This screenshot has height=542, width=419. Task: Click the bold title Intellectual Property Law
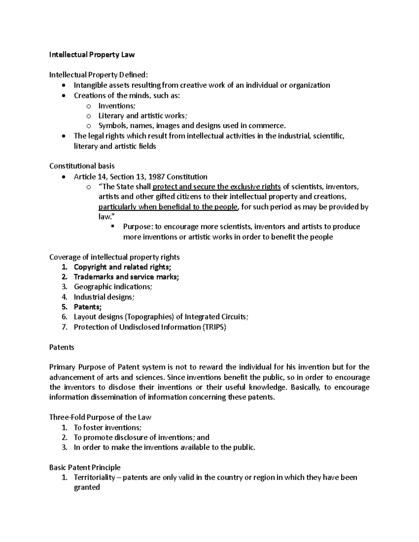click(x=91, y=55)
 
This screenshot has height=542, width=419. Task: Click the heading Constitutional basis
click(x=82, y=166)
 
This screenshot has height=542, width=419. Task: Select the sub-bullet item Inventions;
click(x=116, y=106)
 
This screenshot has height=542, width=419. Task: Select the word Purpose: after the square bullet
click(x=138, y=227)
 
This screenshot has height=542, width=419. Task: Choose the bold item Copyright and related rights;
click(x=123, y=267)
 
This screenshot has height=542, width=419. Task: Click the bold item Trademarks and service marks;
click(x=126, y=277)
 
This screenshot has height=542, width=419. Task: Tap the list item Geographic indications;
click(x=113, y=287)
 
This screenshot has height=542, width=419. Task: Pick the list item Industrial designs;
click(x=104, y=297)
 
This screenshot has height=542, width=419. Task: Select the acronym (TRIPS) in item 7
click(x=214, y=327)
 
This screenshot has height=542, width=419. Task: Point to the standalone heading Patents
click(x=61, y=348)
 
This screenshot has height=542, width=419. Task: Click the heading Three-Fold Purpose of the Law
click(x=100, y=417)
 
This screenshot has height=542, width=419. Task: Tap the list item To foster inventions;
click(x=108, y=428)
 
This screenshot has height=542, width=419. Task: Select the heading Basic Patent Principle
click(x=85, y=468)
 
